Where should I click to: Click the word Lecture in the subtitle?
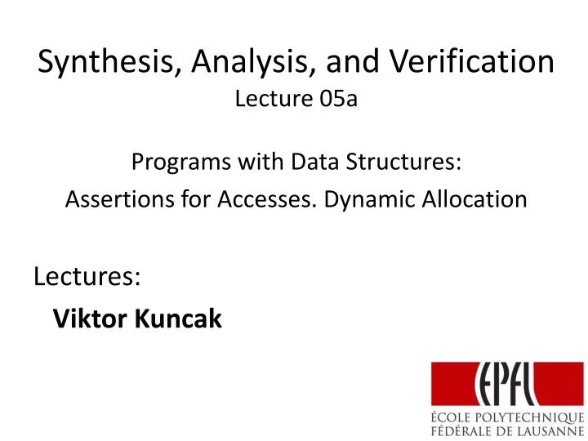(273, 100)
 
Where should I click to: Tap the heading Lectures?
(87, 277)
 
